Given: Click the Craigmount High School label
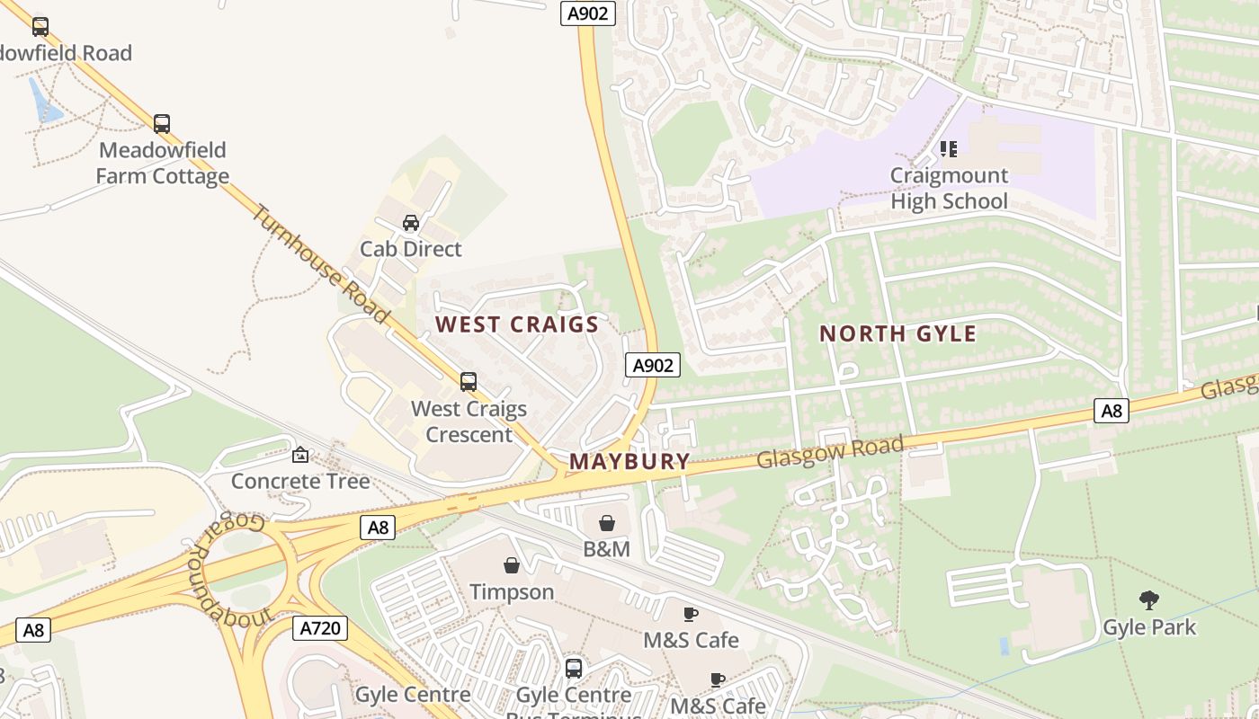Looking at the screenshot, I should (949, 188).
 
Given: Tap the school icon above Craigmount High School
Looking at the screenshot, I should (949, 148).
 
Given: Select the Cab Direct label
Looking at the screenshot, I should (411, 249).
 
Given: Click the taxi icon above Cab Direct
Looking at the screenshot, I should (411, 222).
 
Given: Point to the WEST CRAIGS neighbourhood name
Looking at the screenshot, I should (517, 324).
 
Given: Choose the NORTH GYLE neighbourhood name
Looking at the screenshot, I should (897, 333).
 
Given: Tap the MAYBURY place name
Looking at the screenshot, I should (629, 462).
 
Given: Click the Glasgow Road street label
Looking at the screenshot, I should (829, 452).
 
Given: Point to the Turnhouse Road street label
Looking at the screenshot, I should (320, 264).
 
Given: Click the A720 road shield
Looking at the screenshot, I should (320, 627).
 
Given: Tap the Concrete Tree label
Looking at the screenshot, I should (300, 481).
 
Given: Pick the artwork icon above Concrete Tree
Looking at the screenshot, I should (300, 456).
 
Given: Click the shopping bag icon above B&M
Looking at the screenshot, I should (607, 523).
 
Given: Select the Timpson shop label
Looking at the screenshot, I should (512, 591).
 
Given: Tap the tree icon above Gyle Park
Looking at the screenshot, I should (1148, 600).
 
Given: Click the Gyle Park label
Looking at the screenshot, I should (1149, 626).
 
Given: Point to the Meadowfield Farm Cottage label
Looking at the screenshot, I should (163, 163).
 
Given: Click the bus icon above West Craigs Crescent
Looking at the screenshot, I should (469, 382).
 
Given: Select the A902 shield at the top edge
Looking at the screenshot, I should (588, 13).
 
